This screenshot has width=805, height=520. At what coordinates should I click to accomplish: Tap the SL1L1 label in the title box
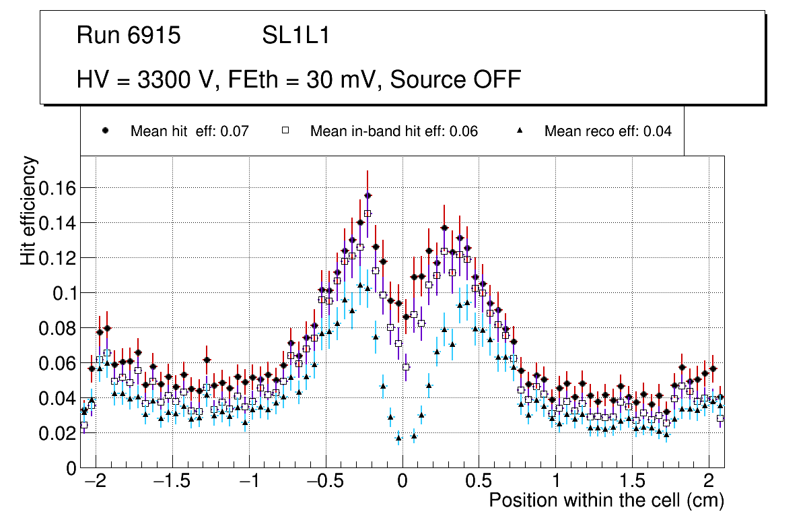pyautogui.click(x=295, y=36)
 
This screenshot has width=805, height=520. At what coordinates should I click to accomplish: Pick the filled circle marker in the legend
pyautogui.click(x=105, y=131)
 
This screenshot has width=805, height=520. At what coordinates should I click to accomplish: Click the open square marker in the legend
pyautogui.click(x=285, y=131)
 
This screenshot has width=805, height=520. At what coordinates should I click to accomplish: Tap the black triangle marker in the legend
pyautogui.click(x=519, y=131)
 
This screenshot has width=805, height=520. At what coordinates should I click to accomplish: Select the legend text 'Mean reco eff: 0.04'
pyautogui.click(x=608, y=131)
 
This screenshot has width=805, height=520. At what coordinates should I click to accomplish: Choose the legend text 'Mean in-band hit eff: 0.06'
pyautogui.click(x=394, y=131)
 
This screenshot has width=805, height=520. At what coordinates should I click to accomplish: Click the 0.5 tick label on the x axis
pyautogui.click(x=479, y=482)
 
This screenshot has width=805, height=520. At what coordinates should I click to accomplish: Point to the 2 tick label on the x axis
pyautogui.click(x=709, y=482)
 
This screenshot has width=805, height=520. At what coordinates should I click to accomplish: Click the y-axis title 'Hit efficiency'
pyautogui.click(x=29, y=210)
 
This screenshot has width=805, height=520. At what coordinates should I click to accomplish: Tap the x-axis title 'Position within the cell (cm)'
pyautogui.click(x=606, y=501)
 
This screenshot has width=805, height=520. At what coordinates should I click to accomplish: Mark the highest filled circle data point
pyautogui.click(x=367, y=195)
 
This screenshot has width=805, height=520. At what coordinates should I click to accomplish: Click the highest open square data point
pyautogui.click(x=367, y=214)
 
